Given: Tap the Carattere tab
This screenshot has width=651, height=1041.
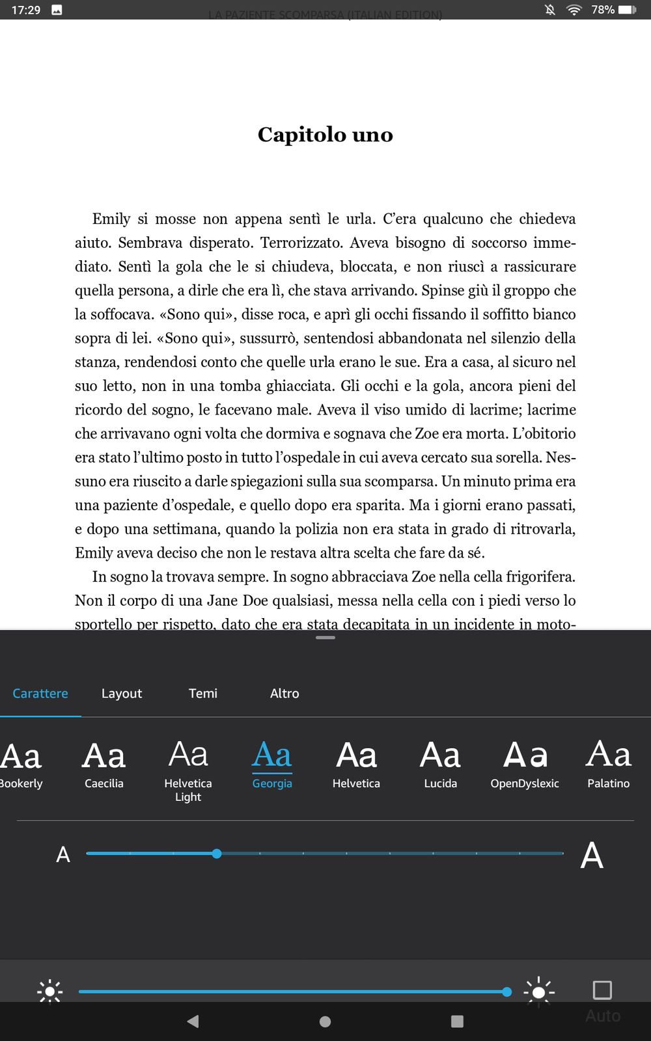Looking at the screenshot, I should [40, 694].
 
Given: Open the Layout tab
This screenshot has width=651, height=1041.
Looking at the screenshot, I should [122, 694].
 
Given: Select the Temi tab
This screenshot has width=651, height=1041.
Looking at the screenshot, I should [203, 694].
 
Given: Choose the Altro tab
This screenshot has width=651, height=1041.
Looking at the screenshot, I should [284, 694].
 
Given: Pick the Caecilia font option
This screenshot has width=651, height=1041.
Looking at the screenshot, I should [104, 764].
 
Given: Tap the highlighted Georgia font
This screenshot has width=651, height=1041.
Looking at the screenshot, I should [272, 764].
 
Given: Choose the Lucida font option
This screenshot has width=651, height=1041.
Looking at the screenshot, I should [440, 764].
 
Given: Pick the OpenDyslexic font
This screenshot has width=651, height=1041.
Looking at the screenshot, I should [525, 764].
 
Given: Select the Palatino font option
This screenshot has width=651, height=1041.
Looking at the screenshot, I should [609, 764].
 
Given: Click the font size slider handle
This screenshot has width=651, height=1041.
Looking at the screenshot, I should [217, 854].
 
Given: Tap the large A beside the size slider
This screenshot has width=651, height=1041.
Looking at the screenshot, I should [592, 855].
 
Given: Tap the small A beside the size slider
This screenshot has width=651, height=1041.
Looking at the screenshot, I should [63, 855].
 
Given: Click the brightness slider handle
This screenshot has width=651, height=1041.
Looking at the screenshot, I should [507, 992].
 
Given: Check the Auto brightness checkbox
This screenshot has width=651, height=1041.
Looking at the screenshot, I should [602, 990].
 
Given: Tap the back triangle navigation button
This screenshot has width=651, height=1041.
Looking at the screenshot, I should [193, 1021].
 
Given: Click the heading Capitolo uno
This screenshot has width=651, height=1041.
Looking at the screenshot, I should [325, 135].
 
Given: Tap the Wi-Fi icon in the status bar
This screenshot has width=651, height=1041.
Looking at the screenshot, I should [574, 10].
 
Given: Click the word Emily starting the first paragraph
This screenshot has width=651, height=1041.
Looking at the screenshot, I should [111, 219].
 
